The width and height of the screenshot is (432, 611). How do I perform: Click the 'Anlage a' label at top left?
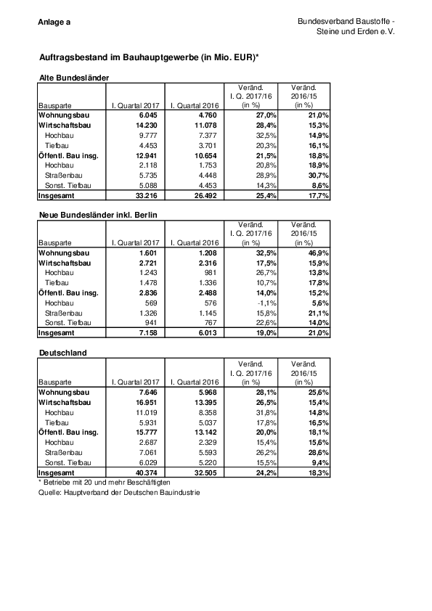click(54, 22)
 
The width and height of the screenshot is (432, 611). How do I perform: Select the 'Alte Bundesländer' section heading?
click(73, 77)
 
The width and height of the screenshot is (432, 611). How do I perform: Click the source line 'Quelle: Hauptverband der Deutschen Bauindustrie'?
click(118, 492)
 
